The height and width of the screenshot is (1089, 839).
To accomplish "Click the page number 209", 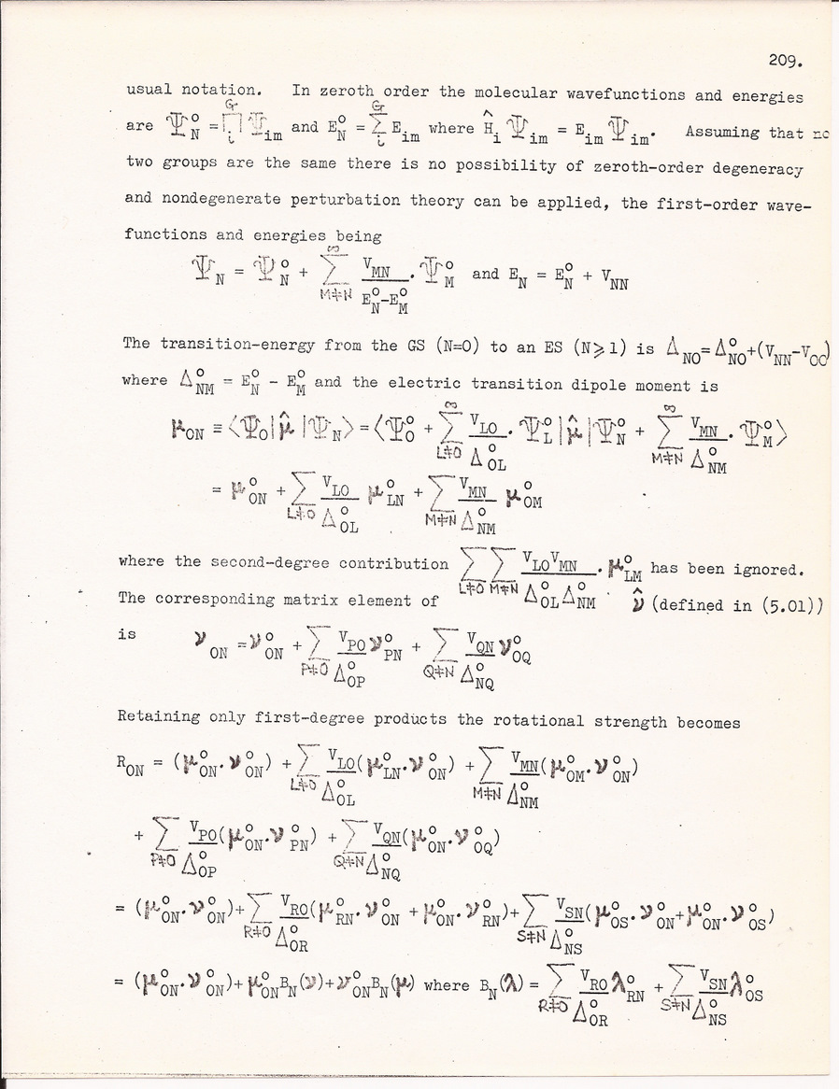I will pos(782,61).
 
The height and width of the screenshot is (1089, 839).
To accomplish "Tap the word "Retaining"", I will pos(160,720).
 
